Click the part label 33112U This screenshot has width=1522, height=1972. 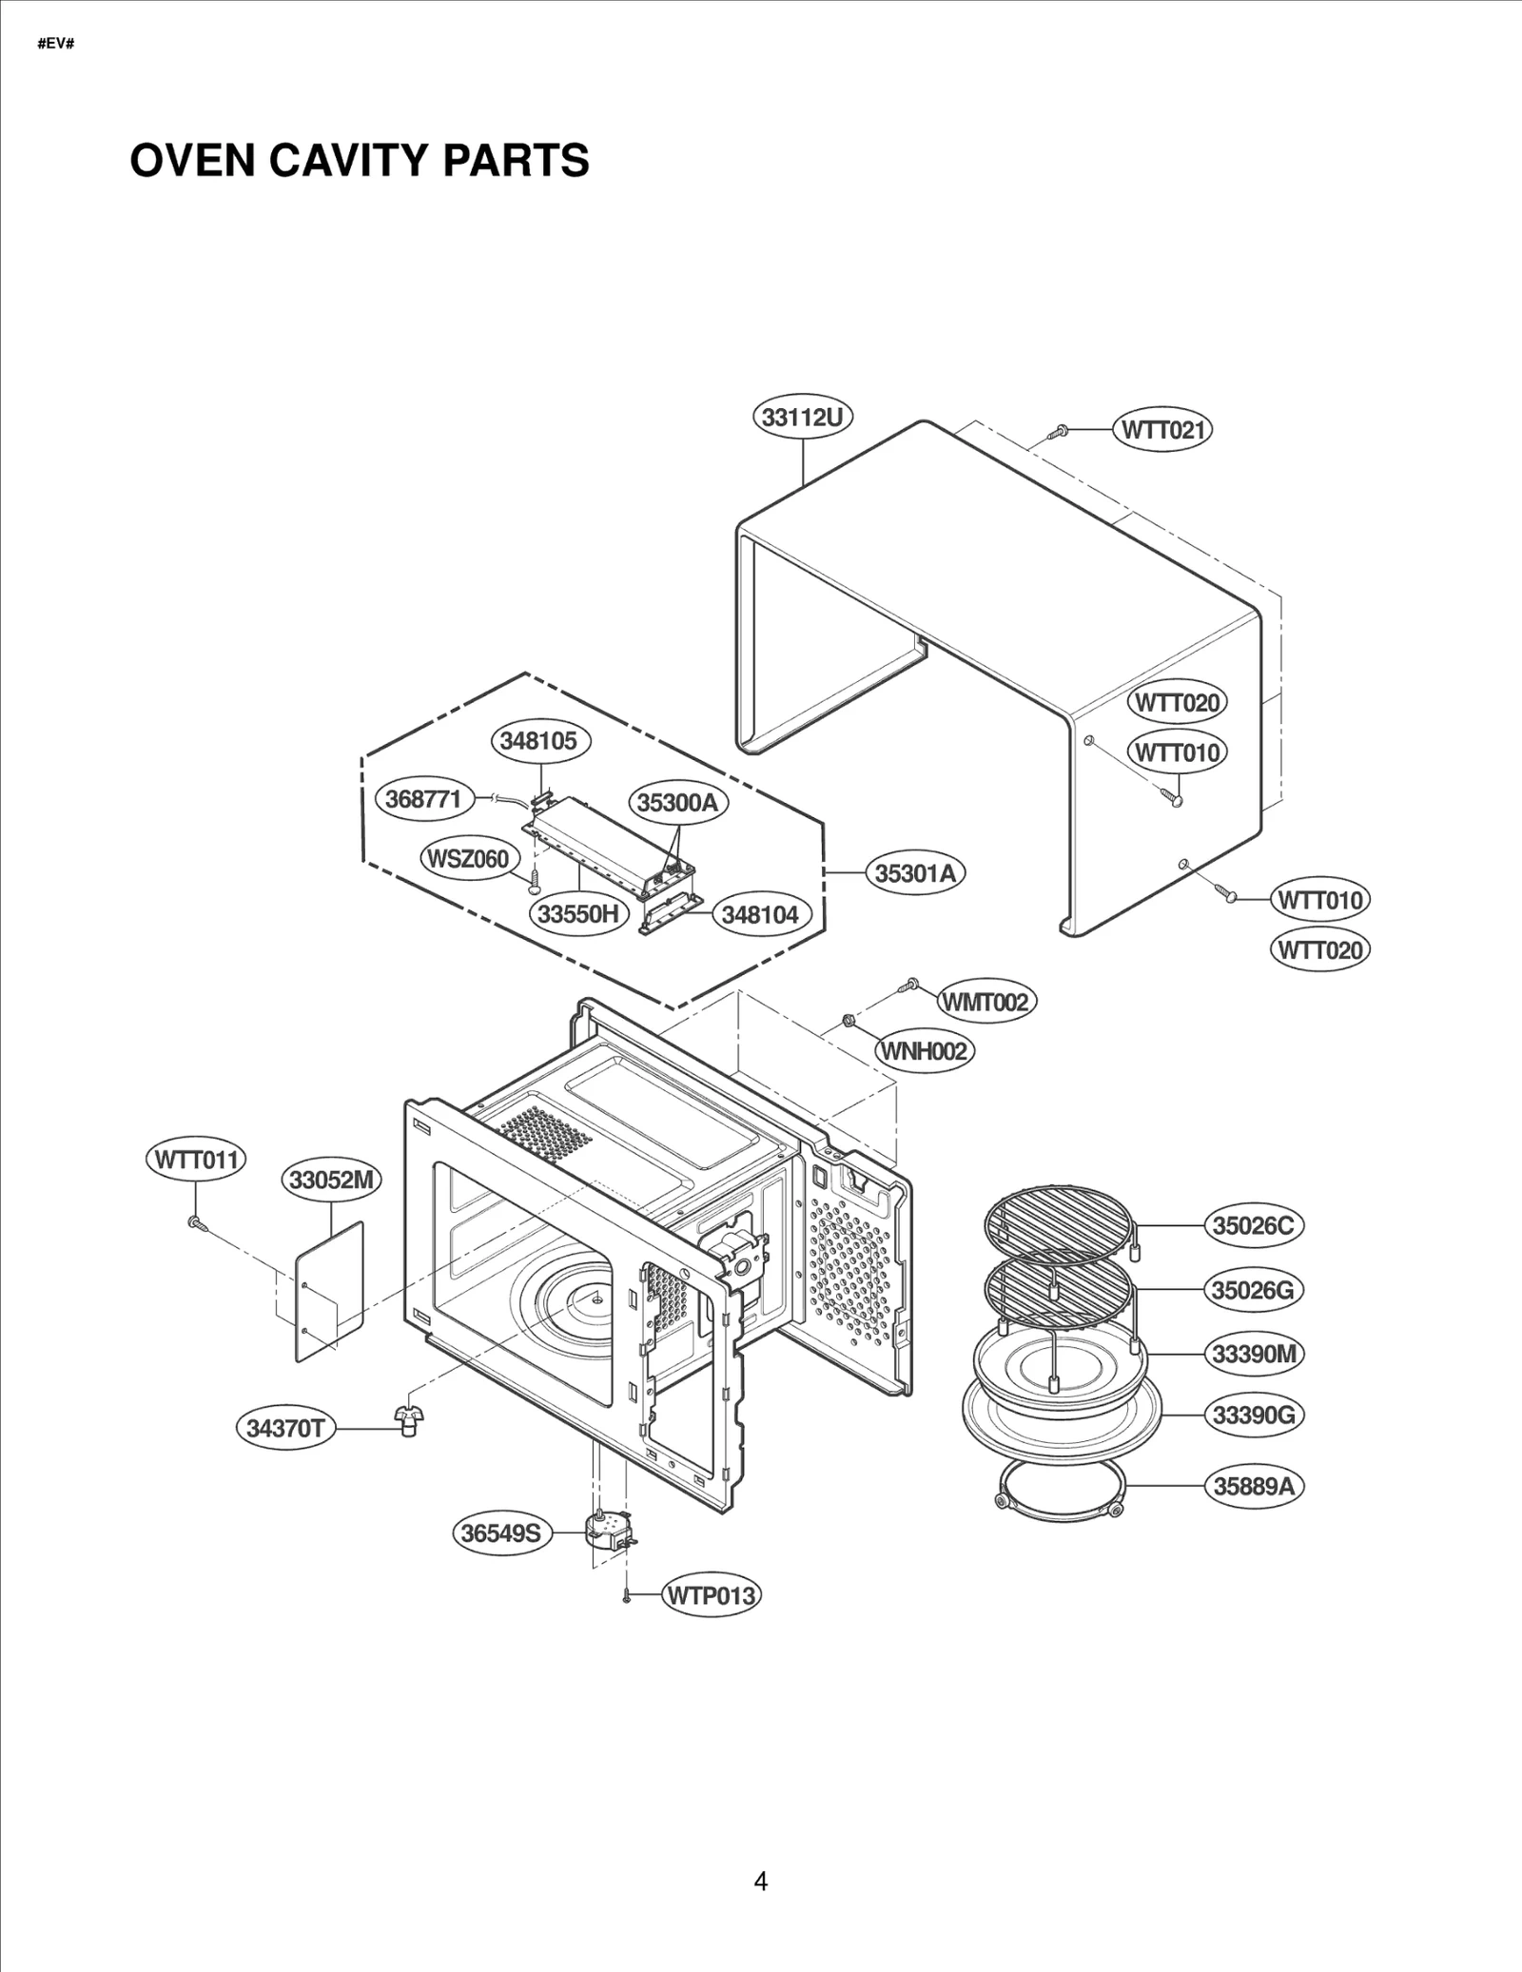[804, 418]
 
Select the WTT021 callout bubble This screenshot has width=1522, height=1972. [1162, 430]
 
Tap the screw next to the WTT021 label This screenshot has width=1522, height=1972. [1059, 432]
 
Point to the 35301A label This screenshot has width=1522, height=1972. [915, 873]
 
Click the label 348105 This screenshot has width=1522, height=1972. [539, 741]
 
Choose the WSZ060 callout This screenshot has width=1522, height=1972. [469, 859]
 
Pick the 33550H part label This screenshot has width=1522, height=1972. [578, 914]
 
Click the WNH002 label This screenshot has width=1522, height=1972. [925, 1051]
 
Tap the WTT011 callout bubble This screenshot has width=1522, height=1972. [197, 1160]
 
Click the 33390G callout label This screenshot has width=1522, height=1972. [1254, 1416]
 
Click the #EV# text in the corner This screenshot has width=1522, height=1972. [56, 44]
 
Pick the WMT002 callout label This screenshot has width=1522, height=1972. [985, 1002]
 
